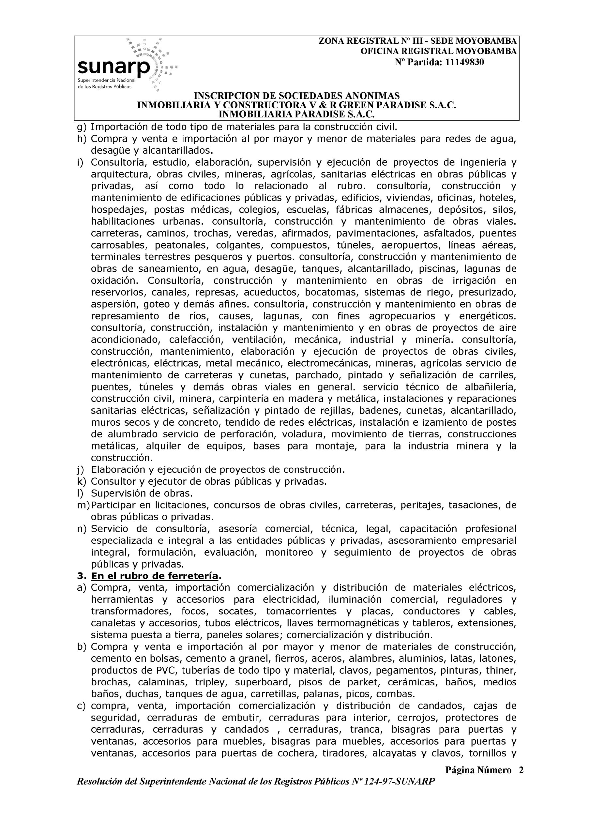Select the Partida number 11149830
point(464,62)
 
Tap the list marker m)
point(83,505)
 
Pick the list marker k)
point(82,481)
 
